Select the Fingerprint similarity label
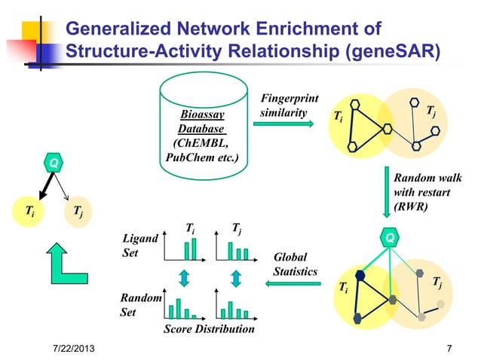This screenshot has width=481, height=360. pyautogui.click(x=289, y=105)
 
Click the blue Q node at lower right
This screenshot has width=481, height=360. pyautogui.click(x=389, y=238)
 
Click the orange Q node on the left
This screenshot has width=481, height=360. pyautogui.click(x=54, y=163)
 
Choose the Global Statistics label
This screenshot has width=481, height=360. pyautogui.click(x=295, y=264)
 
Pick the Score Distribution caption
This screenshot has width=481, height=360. pyautogui.click(x=209, y=330)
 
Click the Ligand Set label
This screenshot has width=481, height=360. pyautogui.click(x=140, y=246)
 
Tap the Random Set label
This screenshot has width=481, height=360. pyautogui.click(x=141, y=305)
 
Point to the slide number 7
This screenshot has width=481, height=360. pyautogui.click(x=449, y=349)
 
